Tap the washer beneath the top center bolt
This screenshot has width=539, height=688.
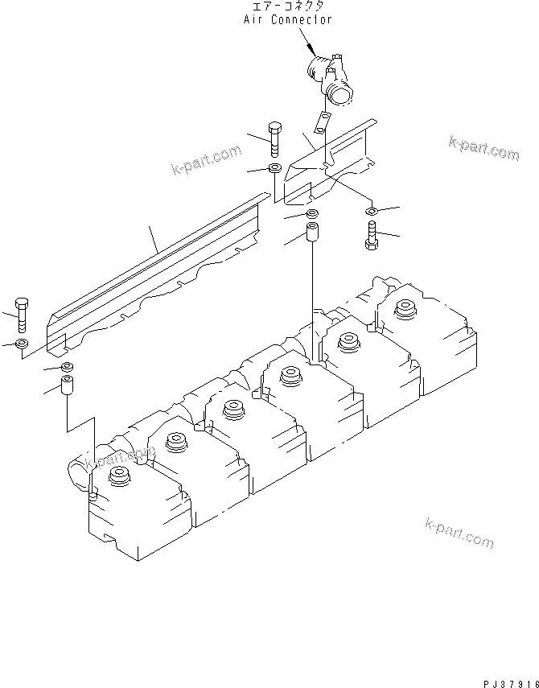pos(274,169)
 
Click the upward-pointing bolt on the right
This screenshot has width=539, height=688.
pos(371,236)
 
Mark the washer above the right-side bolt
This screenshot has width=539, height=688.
pos(371,212)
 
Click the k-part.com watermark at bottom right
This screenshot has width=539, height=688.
pos(459,533)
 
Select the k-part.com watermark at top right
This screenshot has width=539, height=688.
pos(483,147)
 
